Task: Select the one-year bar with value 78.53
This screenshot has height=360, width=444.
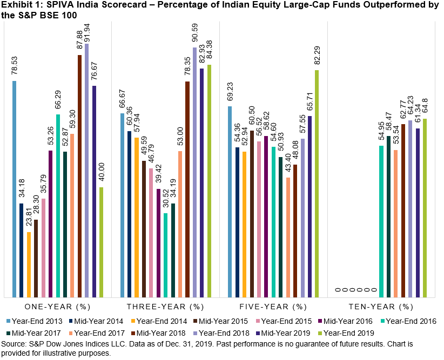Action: tap(15, 189)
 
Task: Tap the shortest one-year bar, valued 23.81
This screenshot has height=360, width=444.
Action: tap(29, 264)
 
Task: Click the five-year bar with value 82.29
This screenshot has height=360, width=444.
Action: tap(317, 184)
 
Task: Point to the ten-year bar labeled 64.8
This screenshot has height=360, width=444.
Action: tap(425, 208)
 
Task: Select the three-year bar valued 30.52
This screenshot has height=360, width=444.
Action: tap(166, 255)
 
